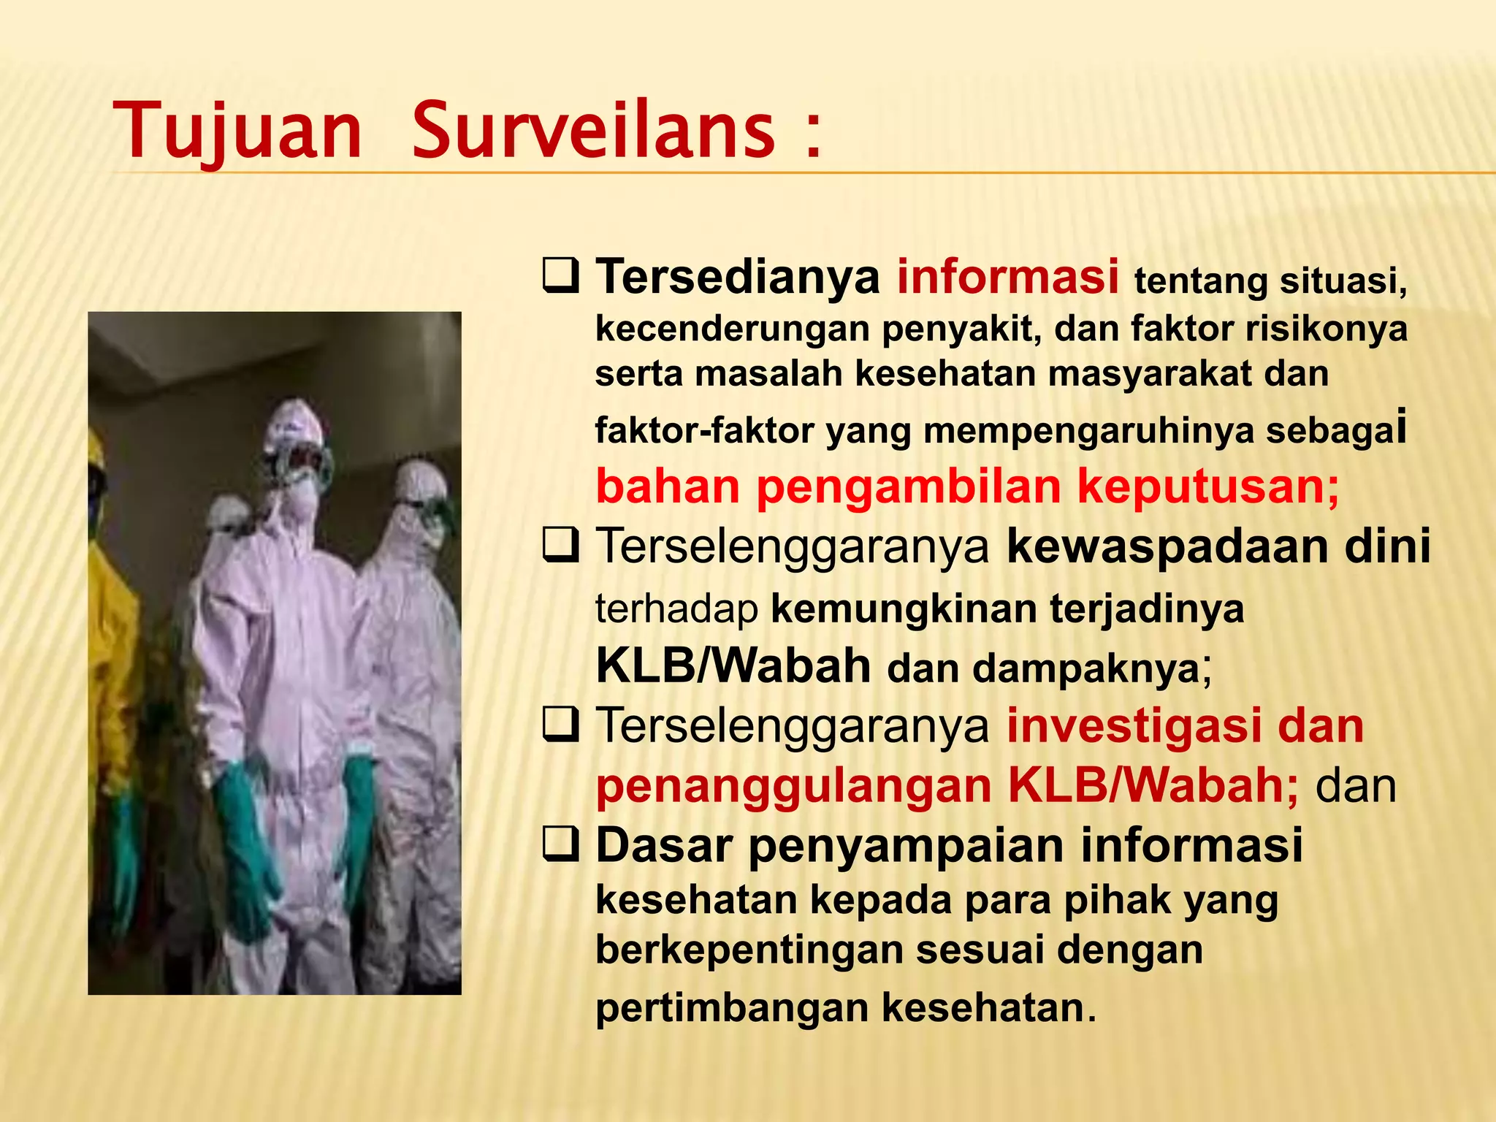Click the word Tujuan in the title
(238, 131)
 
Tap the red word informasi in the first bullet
(1007, 277)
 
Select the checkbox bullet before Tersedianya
(561, 276)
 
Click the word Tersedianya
(738, 278)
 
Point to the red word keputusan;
(1208, 487)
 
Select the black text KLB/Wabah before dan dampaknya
(733, 666)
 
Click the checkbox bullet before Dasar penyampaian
(561, 846)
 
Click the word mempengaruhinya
(1088, 431)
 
